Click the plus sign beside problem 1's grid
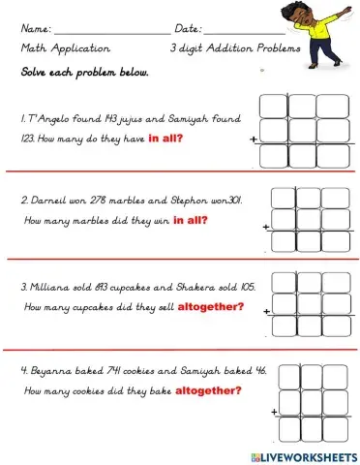point(254,139)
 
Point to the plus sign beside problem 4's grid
point(275,413)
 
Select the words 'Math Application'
point(65,47)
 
